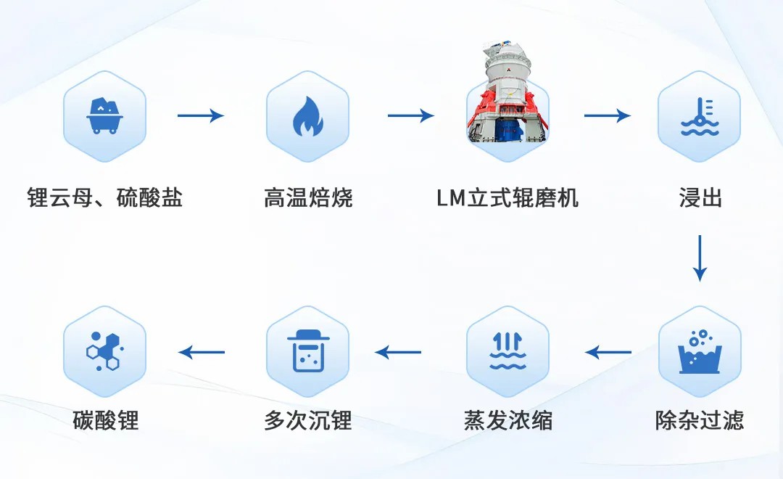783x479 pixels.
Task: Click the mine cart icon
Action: [104, 116]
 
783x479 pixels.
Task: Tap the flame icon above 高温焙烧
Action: [307, 116]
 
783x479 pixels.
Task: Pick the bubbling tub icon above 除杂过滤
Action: [700, 351]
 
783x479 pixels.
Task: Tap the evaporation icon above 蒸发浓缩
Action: [507, 351]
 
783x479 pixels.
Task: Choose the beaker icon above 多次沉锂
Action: [307, 351]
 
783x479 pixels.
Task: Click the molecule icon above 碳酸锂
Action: [104, 351]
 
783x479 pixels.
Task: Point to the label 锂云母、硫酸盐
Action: [105, 197]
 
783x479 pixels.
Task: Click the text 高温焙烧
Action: [308, 197]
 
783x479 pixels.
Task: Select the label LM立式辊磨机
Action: [507, 197]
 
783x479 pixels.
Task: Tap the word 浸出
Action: [700, 197]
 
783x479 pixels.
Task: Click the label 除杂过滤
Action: [700, 420]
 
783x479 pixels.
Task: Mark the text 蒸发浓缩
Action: [507, 420]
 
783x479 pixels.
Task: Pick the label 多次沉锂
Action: [308, 420]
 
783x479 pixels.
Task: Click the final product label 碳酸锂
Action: [105, 420]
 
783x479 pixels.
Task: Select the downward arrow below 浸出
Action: [700, 258]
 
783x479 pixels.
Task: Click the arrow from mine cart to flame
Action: [201, 115]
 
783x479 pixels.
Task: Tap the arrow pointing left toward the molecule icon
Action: [202, 352]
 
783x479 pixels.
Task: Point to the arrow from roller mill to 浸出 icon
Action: [608, 115]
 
